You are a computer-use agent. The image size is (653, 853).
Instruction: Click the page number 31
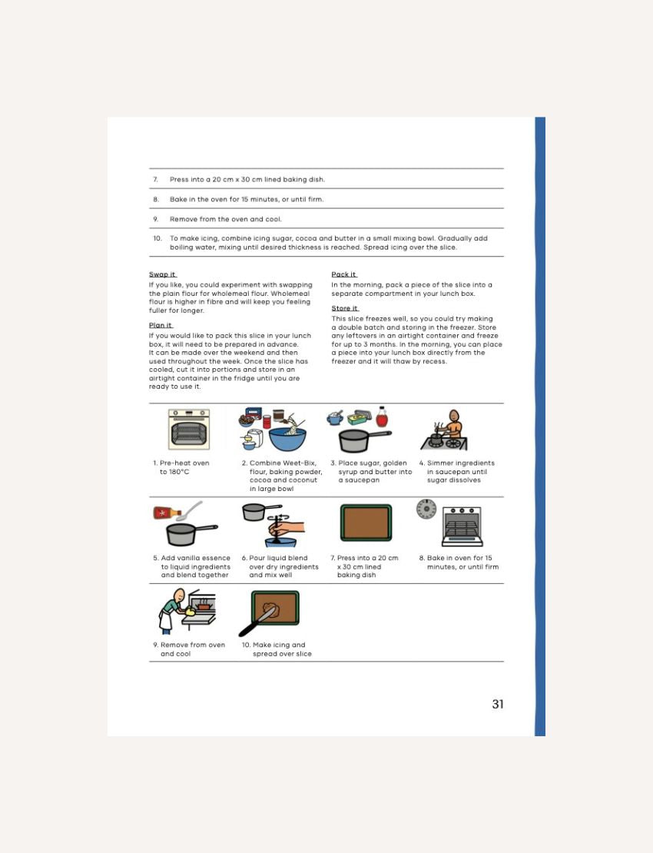coord(498,704)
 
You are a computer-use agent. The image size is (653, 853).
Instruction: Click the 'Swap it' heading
coord(162,274)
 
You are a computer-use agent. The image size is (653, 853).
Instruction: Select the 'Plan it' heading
coord(160,325)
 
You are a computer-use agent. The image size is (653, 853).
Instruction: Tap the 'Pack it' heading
coord(343,274)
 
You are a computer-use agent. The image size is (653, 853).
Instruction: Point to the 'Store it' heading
coord(344,308)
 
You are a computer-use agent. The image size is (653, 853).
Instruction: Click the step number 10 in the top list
coord(157,238)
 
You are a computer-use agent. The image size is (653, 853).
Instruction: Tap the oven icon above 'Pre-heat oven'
coord(189,430)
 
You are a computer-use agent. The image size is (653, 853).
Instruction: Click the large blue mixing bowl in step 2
coord(287,439)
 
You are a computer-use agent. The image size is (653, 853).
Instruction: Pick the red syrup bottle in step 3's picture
coord(381,417)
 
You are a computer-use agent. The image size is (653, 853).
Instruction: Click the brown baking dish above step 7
coord(366,523)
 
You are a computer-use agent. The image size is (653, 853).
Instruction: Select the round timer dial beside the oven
coord(426,509)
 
